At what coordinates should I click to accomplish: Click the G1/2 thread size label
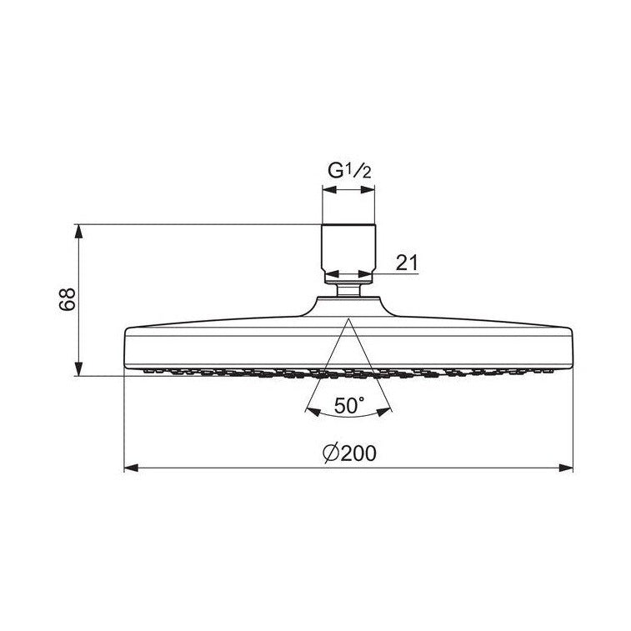pos(349,171)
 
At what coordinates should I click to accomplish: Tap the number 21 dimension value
pos(407,263)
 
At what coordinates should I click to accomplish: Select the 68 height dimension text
pos(67,299)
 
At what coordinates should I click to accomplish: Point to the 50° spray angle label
pos(349,405)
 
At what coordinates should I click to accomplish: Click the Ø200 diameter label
pos(349,453)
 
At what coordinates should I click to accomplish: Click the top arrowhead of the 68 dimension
pos(78,231)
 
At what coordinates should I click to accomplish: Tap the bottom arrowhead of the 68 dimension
pos(78,369)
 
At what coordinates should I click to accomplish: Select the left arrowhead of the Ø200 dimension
pos(131,468)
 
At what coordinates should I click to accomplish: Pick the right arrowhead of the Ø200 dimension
pos(565,468)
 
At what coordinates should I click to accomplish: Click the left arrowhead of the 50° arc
pos(313,412)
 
